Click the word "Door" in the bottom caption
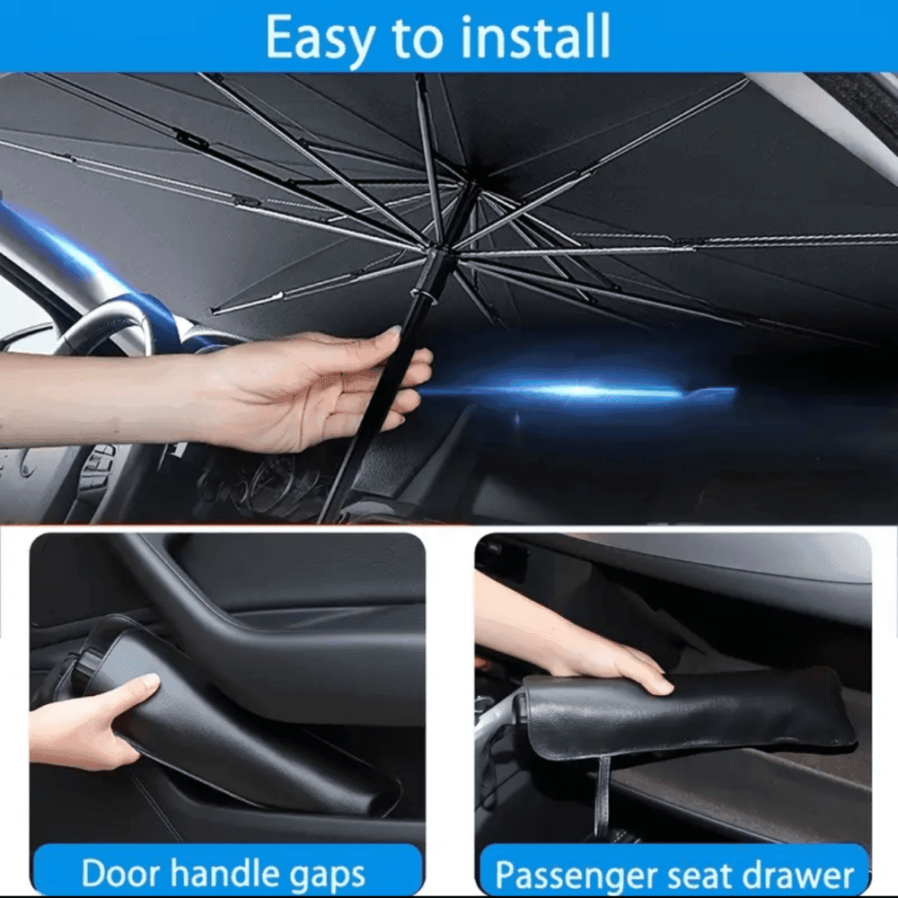click(x=120, y=873)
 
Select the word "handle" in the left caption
click(x=233, y=873)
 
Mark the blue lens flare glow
click(x=584, y=392)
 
